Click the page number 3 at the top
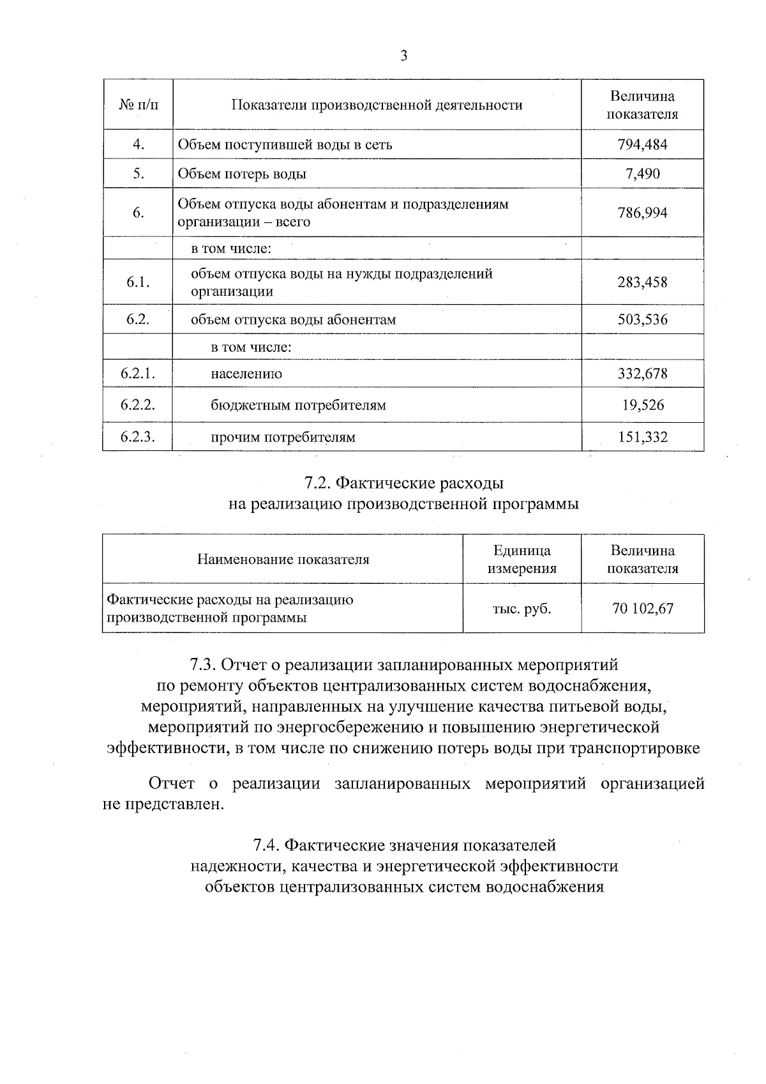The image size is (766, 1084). pos(403,56)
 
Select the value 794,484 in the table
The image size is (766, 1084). pos(642,144)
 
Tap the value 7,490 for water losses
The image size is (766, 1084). pos(642,174)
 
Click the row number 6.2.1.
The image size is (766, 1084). pos(138,374)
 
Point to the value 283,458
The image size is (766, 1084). pos(642,282)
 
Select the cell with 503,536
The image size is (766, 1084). pos(642,319)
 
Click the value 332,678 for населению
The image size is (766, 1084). pos(642,374)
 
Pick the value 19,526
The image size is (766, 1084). pos(642,405)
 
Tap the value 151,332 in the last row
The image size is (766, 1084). pos(642,437)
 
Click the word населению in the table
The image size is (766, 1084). pos(246,374)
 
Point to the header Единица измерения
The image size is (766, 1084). pos(522,560)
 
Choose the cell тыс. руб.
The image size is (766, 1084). pos(522,609)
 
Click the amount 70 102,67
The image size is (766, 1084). pos(642,609)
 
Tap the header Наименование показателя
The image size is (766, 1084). pos(283,560)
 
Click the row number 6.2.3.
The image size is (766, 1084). pos(138,437)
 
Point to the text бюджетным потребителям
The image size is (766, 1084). pos(298,406)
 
